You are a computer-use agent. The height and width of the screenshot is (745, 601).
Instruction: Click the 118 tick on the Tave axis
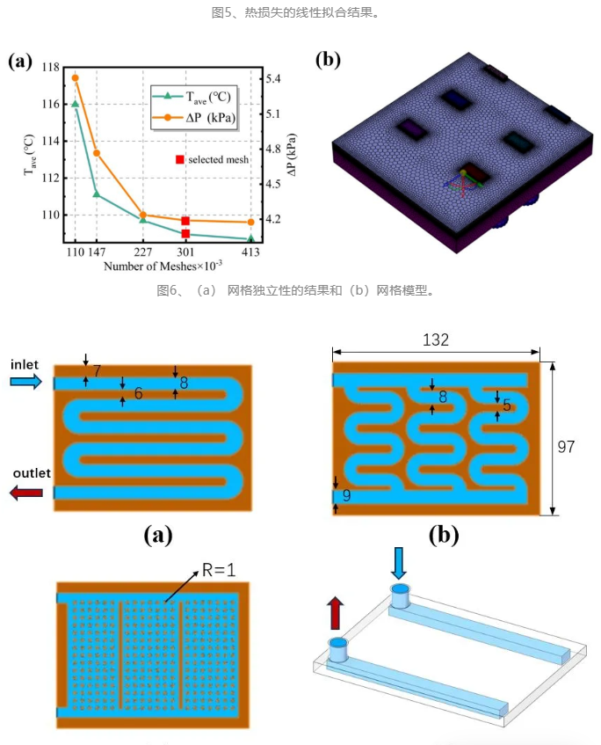[x=51, y=68]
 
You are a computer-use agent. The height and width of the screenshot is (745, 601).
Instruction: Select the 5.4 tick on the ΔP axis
[x=273, y=78]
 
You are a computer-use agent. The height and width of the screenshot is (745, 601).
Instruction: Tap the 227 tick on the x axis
[x=143, y=252]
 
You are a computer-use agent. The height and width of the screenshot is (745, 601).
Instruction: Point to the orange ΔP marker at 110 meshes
[x=75, y=78]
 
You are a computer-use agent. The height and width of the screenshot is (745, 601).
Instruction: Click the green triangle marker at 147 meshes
[x=97, y=194]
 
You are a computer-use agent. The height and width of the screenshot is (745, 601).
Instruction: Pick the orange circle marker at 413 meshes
[x=251, y=222]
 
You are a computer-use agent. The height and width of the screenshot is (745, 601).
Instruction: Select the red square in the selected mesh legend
[x=180, y=160]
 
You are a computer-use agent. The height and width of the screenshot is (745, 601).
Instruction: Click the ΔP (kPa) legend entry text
[x=210, y=117]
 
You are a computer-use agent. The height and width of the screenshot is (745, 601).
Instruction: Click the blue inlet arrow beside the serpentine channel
[x=26, y=382]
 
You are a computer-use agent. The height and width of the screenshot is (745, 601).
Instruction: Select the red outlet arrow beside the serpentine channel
[x=26, y=493]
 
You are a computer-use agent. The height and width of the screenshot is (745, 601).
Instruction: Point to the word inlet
[x=25, y=364]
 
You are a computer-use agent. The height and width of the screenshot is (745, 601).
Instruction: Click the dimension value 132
[x=435, y=340]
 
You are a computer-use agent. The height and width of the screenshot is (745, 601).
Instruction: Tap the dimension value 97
[x=566, y=447]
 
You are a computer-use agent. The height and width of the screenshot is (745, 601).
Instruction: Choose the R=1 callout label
[x=219, y=570]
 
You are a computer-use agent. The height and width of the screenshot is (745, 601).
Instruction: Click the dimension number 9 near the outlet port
[x=346, y=495]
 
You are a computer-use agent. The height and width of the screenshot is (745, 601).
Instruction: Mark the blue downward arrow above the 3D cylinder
[x=399, y=563]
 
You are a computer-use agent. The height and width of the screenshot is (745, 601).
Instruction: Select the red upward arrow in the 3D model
[x=335, y=613]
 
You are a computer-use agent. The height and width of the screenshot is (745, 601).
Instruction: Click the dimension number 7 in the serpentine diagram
[x=97, y=370]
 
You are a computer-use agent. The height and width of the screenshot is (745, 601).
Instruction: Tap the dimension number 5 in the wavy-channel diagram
[x=506, y=405]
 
